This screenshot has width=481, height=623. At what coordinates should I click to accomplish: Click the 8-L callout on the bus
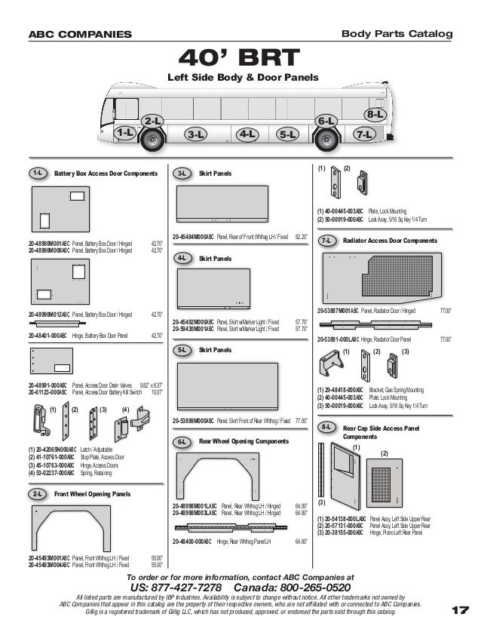pos(375,114)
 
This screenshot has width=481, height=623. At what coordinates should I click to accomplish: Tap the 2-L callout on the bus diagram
pos(153,121)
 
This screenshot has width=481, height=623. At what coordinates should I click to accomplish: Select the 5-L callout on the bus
pos(287,134)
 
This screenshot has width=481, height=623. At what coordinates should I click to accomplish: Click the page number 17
pos(460,610)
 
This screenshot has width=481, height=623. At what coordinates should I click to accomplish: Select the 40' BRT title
pos(240,58)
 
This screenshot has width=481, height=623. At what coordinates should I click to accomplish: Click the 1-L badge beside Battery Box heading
pos(36,173)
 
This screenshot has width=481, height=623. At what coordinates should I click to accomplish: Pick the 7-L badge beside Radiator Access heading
pos(326,241)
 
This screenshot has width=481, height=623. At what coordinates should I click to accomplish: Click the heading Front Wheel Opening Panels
pos(92,494)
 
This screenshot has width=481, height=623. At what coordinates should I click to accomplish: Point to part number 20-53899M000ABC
pos(193,421)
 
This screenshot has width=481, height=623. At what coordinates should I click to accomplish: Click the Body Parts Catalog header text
pos(397,34)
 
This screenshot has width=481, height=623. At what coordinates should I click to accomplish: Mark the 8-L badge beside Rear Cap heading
pos(326,428)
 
